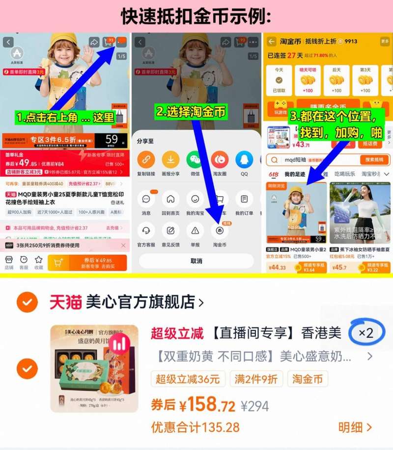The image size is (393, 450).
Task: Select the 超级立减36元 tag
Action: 188,379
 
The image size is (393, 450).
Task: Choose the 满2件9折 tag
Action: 256,379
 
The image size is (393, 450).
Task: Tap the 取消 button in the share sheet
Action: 196,261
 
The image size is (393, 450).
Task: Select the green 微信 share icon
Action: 195,160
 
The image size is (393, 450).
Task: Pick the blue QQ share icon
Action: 244,160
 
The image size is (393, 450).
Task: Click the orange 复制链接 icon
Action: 146,160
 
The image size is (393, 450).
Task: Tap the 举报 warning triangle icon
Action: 195,230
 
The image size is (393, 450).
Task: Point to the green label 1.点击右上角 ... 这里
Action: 65,118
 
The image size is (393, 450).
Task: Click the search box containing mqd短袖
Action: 314,160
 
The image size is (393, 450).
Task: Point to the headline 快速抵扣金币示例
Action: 196,16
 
